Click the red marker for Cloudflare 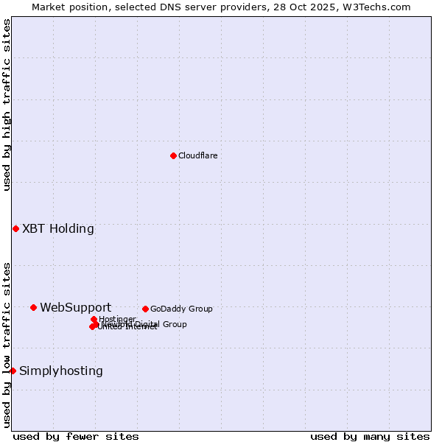[173, 155]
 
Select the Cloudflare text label [197, 155]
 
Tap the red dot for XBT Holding [15, 228]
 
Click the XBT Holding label [58, 228]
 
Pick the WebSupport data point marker [33, 307]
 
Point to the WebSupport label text [75, 307]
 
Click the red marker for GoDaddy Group [145, 309]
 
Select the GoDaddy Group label [181, 309]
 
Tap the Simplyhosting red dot [13, 371]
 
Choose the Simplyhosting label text [61, 371]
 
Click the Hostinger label [117, 319]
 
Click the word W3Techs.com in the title [381, 7]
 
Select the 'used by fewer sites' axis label [76, 436]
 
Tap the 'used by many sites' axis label [370, 436]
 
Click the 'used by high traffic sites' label [7, 105]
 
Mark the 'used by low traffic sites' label [7, 345]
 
